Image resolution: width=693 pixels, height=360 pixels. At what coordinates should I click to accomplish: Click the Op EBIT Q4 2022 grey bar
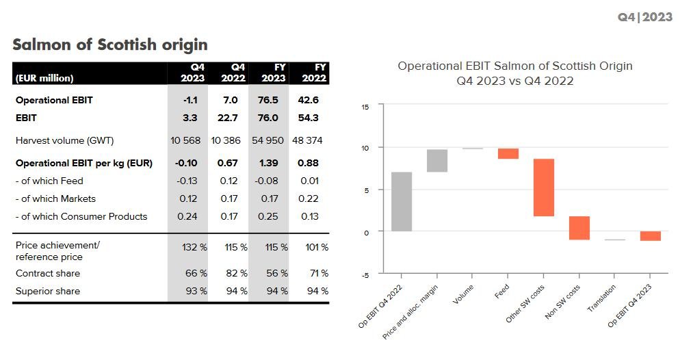(x=402, y=201)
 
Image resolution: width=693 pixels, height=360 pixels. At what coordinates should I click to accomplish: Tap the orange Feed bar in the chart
(x=508, y=153)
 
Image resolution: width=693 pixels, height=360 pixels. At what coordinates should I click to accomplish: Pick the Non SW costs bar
(x=579, y=228)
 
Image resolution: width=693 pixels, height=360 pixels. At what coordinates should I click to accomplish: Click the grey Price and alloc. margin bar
(x=436, y=160)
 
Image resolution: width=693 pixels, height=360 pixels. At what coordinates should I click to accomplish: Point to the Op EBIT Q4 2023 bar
(x=651, y=236)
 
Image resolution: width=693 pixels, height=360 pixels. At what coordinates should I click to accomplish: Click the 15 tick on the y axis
(x=365, y=107)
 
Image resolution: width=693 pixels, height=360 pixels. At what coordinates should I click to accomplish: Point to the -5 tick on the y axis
(x=365, y=274)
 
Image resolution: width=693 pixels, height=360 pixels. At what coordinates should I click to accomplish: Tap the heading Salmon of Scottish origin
(x=110, y=45)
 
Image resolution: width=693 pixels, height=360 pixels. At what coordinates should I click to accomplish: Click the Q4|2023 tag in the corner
(x=644, y=16)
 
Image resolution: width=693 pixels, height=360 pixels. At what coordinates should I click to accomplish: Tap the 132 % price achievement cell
(x=192, y=246)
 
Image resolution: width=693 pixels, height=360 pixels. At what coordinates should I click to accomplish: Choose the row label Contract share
(x=48, y=273)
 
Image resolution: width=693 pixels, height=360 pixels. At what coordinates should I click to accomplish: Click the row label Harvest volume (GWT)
(x=64, y=140)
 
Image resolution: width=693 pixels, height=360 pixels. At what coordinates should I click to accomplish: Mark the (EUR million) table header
(x=44, y=78)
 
